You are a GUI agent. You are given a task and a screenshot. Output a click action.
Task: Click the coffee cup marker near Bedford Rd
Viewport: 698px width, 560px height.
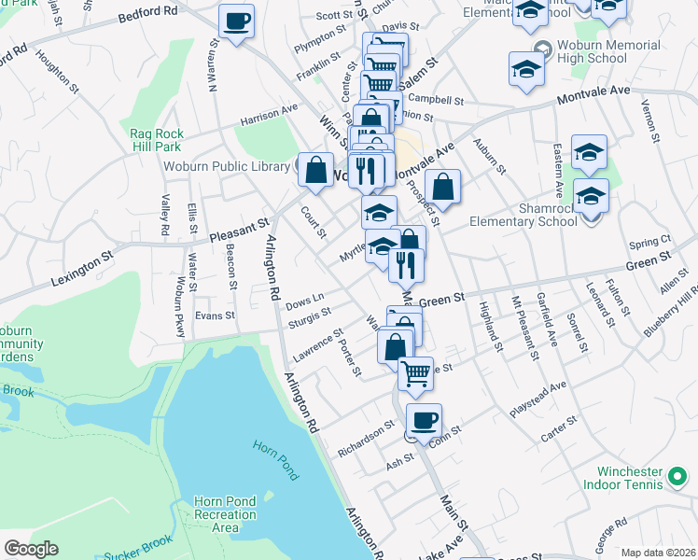236,21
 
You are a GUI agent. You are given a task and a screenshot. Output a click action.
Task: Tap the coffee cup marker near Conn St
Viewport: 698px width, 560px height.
424,420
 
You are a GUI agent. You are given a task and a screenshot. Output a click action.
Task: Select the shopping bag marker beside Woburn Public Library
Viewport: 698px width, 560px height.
316,171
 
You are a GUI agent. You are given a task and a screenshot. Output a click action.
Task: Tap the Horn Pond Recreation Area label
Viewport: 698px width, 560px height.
225,514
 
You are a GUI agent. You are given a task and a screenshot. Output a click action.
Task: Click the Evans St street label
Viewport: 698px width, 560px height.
215,316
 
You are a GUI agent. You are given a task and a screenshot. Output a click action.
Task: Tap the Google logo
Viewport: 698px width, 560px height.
31,549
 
